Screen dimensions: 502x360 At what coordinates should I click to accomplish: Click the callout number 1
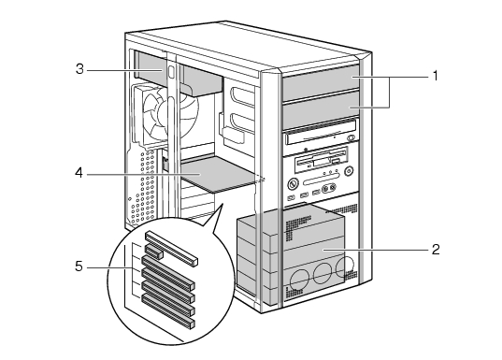point(435,76)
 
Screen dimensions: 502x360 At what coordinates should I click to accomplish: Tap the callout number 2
point(436,250)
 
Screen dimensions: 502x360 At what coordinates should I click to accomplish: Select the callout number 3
point(79,69)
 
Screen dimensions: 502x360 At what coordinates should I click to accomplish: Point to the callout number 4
point(79,173)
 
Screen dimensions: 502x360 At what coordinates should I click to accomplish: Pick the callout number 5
point(79,266)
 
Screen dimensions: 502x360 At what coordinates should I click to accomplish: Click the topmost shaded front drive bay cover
point(321,82)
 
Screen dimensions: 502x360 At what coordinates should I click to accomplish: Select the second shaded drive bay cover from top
point(321,110)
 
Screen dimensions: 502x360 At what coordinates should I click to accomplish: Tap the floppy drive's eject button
point(335,161)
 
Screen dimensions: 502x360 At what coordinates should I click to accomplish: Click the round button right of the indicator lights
point(349,171)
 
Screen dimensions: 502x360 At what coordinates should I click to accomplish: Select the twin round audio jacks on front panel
point(329,188)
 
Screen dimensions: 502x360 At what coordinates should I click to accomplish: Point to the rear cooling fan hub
point(166,112)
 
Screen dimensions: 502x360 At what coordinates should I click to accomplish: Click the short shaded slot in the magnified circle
point(154,252)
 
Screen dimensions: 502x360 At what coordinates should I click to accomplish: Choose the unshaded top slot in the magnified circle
point(171,249)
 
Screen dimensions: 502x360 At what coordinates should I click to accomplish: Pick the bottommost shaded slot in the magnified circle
point(168,311)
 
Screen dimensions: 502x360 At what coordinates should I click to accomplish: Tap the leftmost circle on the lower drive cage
point(299,280)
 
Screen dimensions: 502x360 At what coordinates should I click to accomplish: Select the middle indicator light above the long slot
point(331,172)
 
